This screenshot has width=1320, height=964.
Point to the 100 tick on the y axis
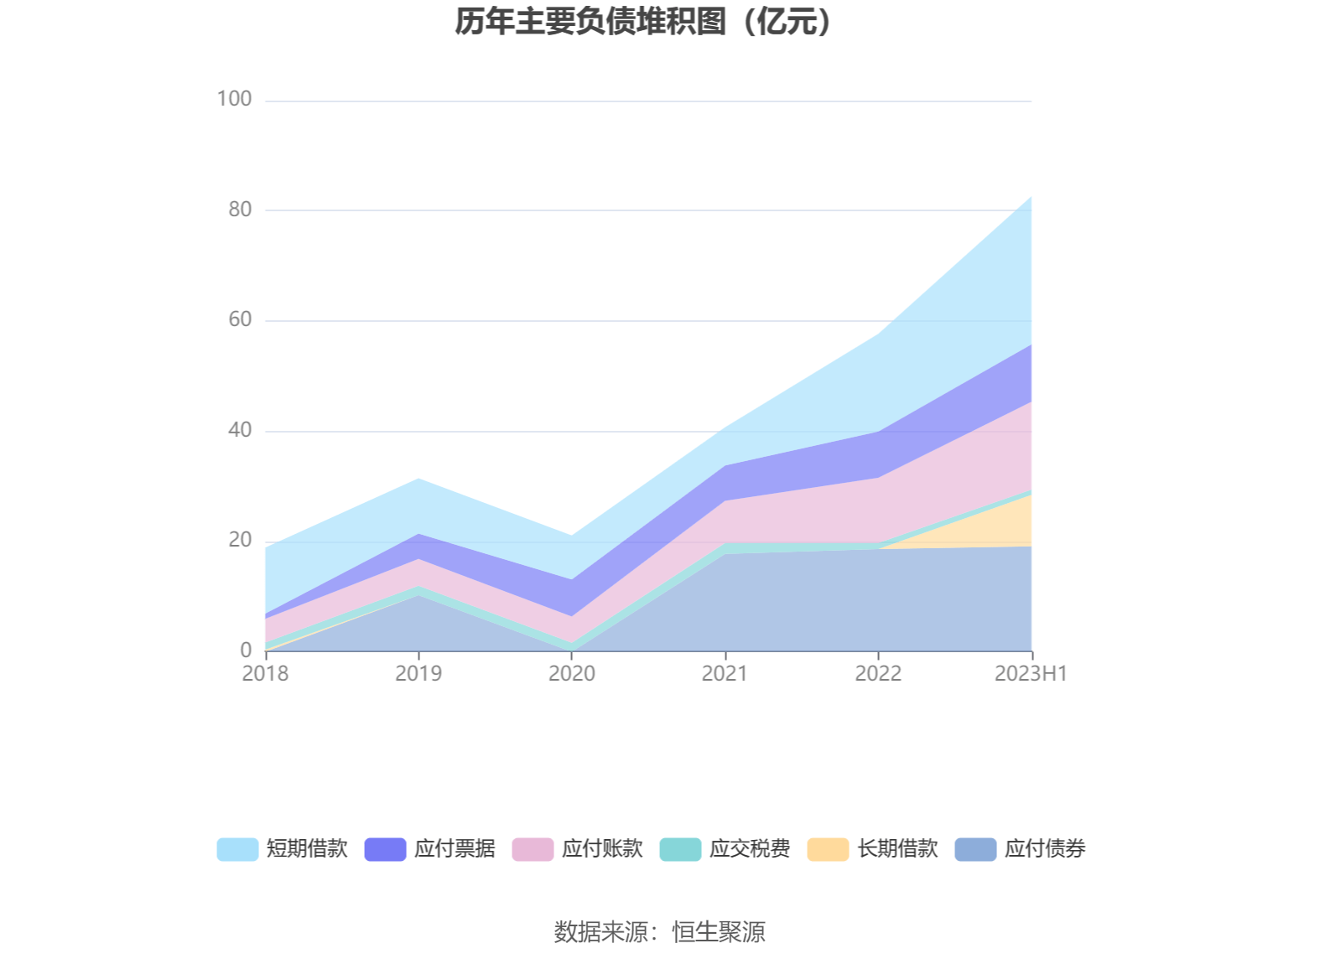coord(234,99)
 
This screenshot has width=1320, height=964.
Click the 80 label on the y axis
coord(240,210)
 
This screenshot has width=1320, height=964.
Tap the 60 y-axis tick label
coord(240,319)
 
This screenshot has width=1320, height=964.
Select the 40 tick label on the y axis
coord(240,430)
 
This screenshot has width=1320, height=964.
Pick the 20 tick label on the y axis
coord(240,540)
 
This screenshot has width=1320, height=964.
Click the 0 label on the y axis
coord(246,650)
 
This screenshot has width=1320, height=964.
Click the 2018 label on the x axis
coord(265,673)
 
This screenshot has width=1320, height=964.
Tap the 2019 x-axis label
coord(418,673)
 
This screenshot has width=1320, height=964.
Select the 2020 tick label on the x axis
coord(572,673)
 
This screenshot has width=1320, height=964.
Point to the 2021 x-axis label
coord(725,673)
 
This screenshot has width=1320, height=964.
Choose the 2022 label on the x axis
coord(878,673)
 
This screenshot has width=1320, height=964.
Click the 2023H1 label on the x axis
coord(1031,673)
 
